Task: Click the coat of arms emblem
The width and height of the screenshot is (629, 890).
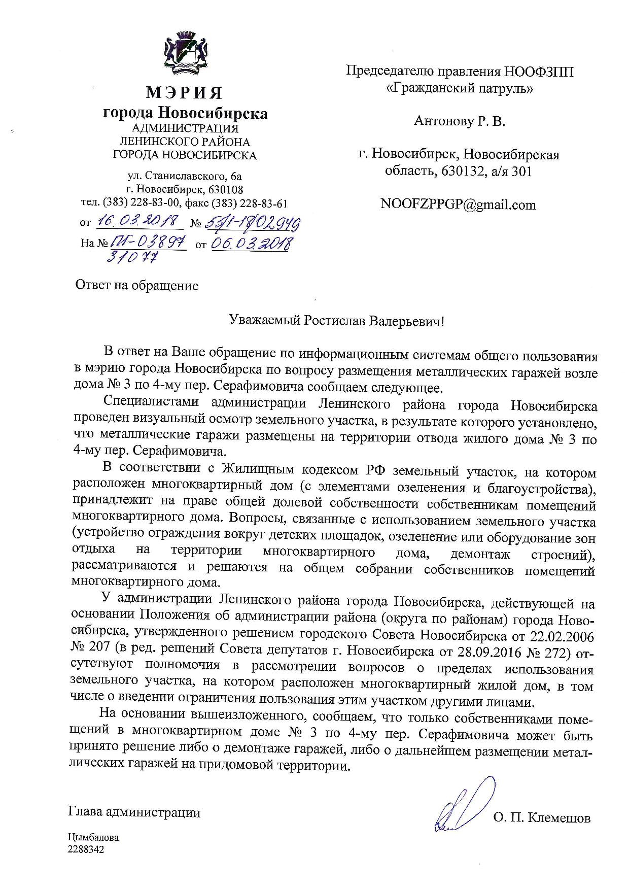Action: pyautogui.click(x=185, y=53)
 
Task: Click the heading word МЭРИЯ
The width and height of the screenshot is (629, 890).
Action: pyautogui.click(x=185, y=93)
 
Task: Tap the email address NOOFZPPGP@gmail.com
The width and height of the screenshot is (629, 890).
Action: pyautogui.click(x=458, y=204)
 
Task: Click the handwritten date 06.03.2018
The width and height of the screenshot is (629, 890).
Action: pyautogui.click(x=251, y=244)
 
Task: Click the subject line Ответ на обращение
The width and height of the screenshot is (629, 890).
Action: pyautogui.click(x=137, y=286)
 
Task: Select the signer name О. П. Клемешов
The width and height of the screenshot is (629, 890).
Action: pyautogui.click(x=541, y=818)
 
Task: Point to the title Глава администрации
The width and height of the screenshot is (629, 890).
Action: pyautogui.click(x=134, y=813)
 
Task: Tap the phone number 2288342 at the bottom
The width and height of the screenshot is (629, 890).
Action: pyautogui.click(x=89, y=849)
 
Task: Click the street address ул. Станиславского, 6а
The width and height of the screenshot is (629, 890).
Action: pyautogui.click(x=185, y=177)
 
